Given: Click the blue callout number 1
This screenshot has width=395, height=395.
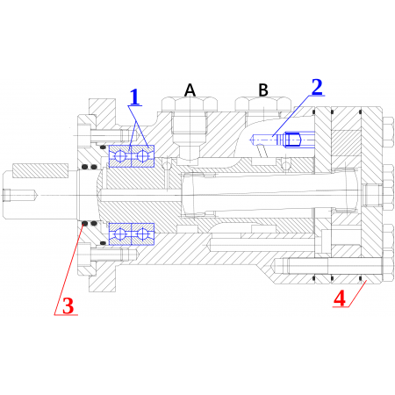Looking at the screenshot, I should [135, 97].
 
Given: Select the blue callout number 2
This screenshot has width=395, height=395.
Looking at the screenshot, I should [317, 86].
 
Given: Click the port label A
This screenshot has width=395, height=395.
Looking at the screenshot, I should [189, 90].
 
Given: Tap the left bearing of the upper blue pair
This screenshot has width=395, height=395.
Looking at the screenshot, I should [119, 158].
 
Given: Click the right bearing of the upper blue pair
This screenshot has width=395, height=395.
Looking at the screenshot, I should [140, 158].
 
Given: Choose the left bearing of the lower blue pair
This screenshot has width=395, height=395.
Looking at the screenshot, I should [119, 234].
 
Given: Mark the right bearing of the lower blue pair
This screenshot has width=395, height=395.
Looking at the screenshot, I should [140, 234].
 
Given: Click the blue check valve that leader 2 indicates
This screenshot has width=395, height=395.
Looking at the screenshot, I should [281, 138].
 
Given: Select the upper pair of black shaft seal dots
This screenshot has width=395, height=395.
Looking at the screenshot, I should [87, 167].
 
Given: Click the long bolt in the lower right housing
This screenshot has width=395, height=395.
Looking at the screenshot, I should [325, 267].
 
